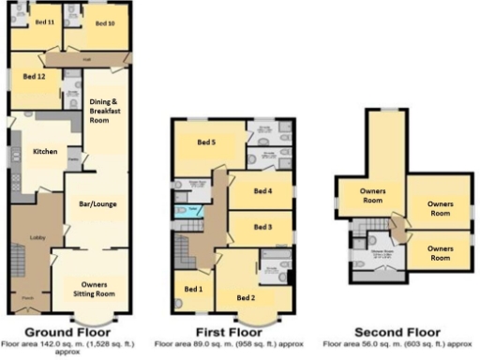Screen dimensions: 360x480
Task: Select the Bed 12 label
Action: tap(35, 76)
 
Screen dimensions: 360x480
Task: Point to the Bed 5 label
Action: tap(207, 142)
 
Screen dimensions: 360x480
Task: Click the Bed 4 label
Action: tap(262, 191)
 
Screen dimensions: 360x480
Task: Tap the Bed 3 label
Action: tap(262, 227)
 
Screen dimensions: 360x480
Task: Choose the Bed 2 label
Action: tap(246, 298)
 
